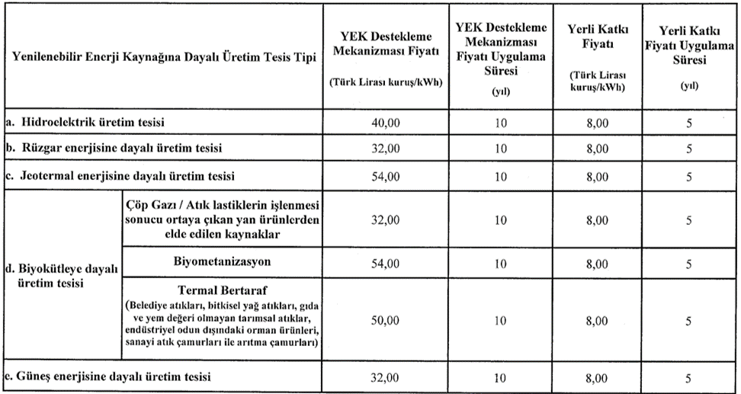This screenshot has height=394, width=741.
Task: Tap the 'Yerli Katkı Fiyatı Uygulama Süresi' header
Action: pyautogui.click(x=688, y=46)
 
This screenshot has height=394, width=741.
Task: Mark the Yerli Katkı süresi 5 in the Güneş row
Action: pyautogui.click(x=688, y=377)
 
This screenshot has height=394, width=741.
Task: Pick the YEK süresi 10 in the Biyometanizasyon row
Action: pyautogui.click(x=499, y=264)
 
